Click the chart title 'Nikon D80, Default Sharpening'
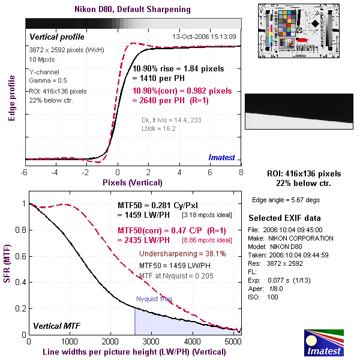[133, 10]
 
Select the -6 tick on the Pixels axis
[25, 172]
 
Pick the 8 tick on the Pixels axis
[241, 172]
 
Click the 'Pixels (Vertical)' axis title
[133, 182]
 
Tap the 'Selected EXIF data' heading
[285, 217]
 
